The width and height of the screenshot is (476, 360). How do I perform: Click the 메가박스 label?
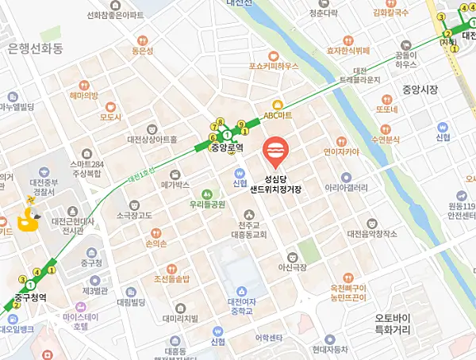click(175, 184)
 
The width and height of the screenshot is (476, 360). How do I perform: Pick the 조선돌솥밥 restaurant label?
click(171, 279)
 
